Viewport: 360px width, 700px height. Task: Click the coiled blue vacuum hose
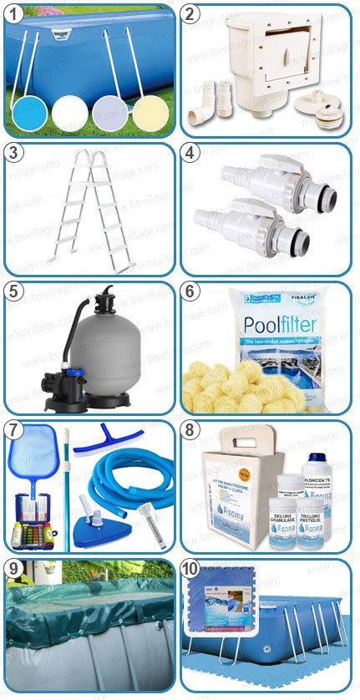pos(133,485)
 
